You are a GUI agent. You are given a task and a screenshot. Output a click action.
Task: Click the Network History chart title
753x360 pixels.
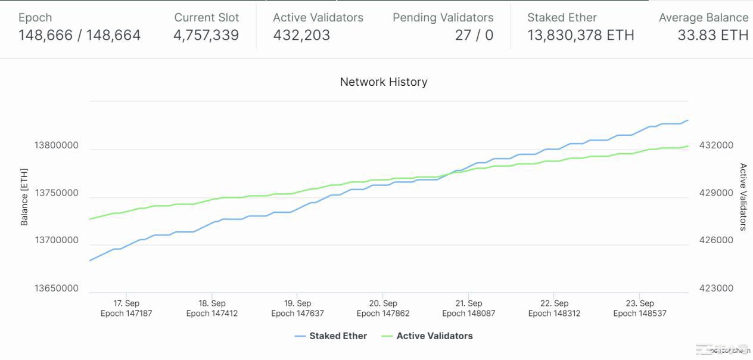pyautogui.click(x=384, y=82)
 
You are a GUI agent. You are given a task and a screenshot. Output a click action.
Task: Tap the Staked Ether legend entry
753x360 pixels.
pyautogui.click(x=338, y=336)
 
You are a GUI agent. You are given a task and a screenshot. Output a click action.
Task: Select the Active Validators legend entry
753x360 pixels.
pyautogui.click(x=434, y=336)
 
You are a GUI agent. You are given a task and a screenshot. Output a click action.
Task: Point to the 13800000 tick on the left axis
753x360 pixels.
pyautogui.click(x=56, y=145)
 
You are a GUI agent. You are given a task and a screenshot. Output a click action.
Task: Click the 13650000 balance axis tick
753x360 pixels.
pyautogui.click(x=56, y=288)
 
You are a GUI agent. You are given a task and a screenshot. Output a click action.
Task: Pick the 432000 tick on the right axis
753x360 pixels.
pyautogui.click(x=717, y=145)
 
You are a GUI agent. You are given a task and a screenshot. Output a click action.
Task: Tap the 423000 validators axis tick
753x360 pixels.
pyautogui.click(x=717, y=288)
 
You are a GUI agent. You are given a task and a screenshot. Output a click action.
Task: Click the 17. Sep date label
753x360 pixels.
pyautogui.click(x=126, y=303)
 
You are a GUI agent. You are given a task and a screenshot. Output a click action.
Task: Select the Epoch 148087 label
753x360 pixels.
pyautogui.click(x=468, y=314)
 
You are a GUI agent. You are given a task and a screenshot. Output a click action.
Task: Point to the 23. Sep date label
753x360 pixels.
pyautogui.click(x=639, y=303)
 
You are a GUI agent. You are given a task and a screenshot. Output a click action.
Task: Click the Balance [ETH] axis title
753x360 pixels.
pyautogui.click(x=24, y=197)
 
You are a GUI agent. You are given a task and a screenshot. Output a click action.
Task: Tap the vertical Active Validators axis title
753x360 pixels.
pyautogui.click(x=743, y=197)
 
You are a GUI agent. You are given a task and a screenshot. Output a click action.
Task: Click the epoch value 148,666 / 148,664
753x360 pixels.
pyautogui.click(x=79, y=36)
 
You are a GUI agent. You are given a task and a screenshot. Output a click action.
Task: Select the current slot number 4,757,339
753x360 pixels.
pyautogui.click(x=206, y=36)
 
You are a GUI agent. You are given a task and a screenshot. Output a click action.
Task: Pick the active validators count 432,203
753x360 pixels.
pyautogui.click(x=301, y=36)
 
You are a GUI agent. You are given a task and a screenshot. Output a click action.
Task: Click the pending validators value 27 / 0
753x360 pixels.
pyautogui.click(x=474, y=36)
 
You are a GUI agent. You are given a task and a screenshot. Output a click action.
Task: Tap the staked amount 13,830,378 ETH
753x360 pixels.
pyautogui.click(x=580, y=36)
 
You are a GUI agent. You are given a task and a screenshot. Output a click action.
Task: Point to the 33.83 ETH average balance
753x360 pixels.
pyautogui.click(x=712, y=36)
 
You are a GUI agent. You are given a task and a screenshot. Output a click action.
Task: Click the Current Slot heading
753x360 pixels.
pyautogui.click(x=206, y=18)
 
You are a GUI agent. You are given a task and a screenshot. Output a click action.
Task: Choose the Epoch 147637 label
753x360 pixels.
pyautogui.click(x=297, y=314)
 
